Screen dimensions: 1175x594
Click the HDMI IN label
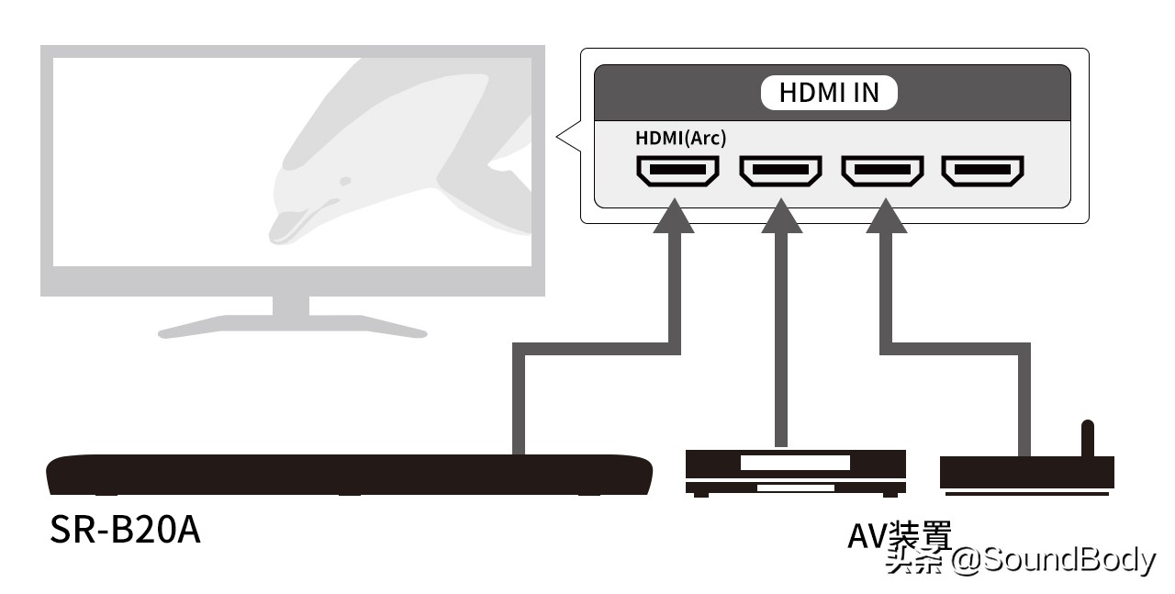point(829,93)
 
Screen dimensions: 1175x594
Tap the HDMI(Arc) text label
point(681,138)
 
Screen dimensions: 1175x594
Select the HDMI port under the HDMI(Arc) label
point(677,171)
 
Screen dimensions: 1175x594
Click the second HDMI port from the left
point(780,171)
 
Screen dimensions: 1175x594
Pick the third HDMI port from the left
point(882,171)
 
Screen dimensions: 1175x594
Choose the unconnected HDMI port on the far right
point(982,171)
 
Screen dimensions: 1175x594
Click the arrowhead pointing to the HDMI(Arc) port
point(674,216)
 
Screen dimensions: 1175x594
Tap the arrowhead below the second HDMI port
point(781,216)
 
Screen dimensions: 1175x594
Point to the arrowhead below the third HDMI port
point(886,216)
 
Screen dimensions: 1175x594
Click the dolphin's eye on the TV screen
point(344,182)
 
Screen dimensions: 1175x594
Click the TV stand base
point(292,327)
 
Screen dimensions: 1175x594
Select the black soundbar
point(350,475)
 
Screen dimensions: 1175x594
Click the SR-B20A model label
point(125,530)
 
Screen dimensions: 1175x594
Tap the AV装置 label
point(899,535)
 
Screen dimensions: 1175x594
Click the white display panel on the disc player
point(795,463)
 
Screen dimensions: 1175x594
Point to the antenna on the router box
point(1088,439)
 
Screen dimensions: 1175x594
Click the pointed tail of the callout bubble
point(557,137)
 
